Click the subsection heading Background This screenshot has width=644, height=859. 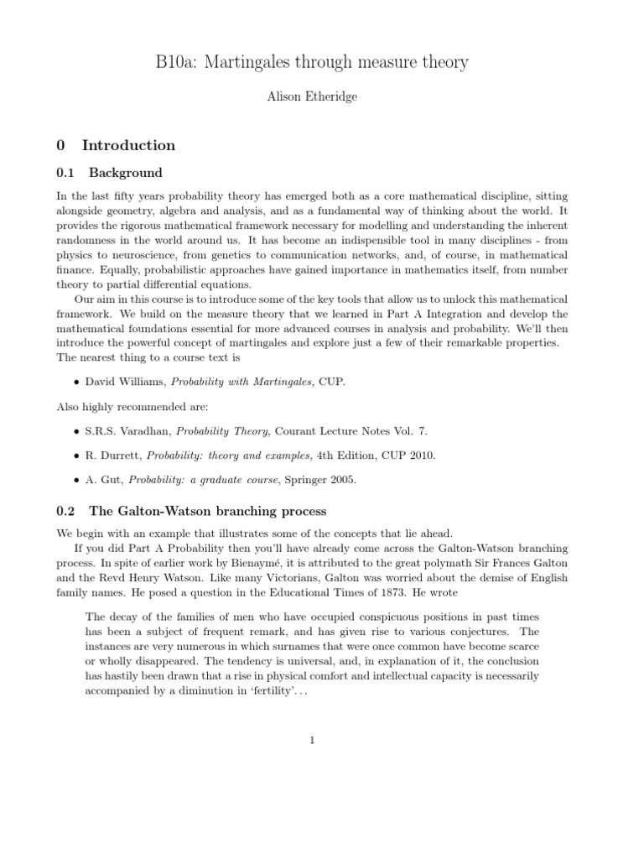click(126, 173)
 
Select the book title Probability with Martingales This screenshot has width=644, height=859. click(241, 382)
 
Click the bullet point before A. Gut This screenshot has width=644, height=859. click(77, 480)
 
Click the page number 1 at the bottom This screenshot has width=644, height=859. click(312, 740)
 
